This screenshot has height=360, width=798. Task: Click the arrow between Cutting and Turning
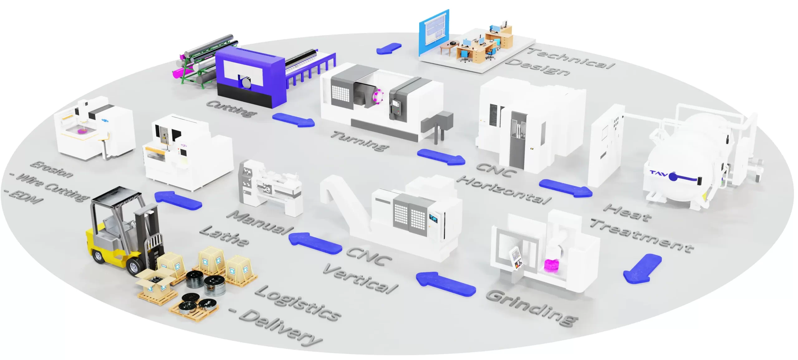(x=293, y=120)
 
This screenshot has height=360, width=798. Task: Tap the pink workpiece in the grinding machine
(x=551, y=265)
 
